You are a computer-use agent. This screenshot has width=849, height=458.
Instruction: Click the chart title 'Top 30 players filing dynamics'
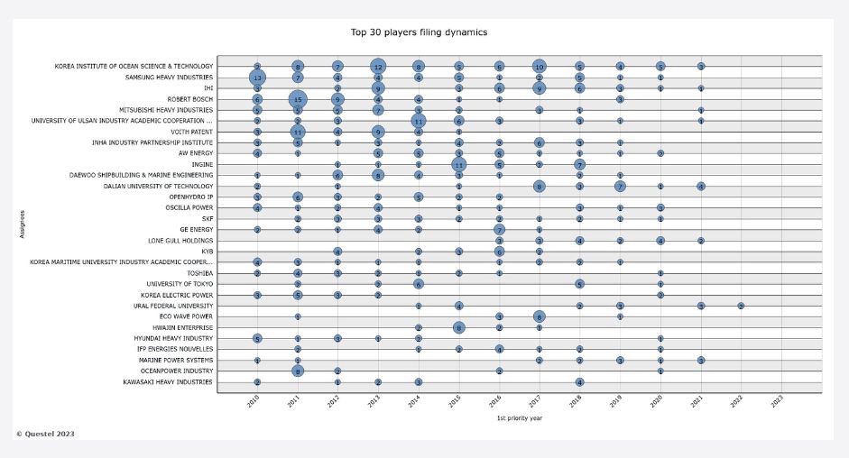click(419, 32)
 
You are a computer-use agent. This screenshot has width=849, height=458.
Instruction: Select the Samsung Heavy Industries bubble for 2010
click(257, 78)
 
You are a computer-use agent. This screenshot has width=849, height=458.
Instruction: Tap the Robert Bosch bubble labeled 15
click(298, 99)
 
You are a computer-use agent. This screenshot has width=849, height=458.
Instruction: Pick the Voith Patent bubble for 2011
click(298, 132)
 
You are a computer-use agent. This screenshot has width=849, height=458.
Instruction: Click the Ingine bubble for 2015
click(458, 164)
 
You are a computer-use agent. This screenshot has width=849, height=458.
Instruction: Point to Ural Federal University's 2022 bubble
click(741, 306)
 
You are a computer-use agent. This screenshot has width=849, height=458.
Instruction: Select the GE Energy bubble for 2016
click(499, 230)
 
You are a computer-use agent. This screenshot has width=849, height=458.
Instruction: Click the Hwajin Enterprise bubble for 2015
click(458, 327)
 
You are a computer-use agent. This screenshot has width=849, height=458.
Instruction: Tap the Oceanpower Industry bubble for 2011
click(298, 371)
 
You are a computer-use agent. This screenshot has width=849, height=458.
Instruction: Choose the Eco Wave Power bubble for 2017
click(539, 316)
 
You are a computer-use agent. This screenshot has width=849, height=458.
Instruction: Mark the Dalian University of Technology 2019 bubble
click(620, 186)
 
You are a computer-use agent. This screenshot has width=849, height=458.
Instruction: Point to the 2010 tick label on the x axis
click(256, 402)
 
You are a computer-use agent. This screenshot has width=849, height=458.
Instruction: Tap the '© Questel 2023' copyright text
click(45, 434)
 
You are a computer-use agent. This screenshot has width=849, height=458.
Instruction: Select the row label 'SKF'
click(207, 218)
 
